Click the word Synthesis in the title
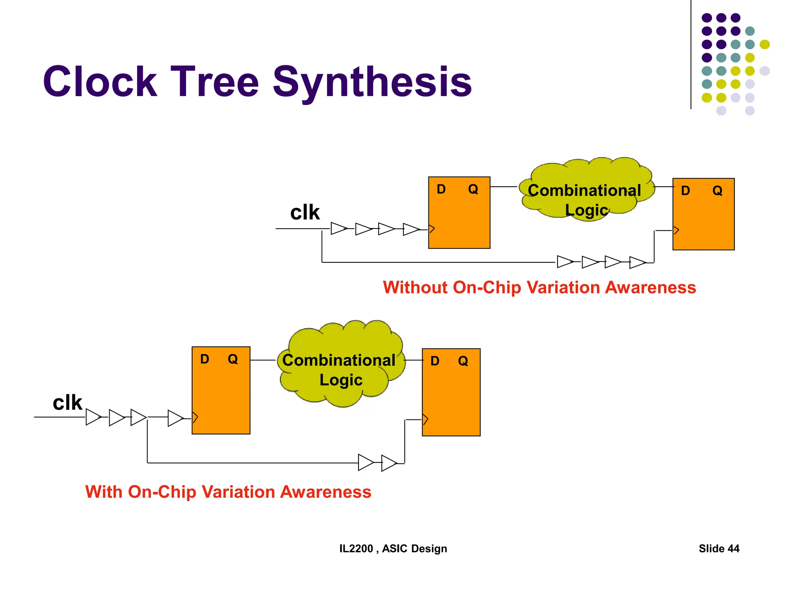tap(372, 81)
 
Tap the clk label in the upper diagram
tap(305, 212)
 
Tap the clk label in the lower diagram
tap(67, 403)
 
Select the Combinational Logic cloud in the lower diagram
tap(340, 365)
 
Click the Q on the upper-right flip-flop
tap(717, 191)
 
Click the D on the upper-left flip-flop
tap(441, 189)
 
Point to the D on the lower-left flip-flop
tap(204, 359)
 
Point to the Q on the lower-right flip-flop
tap(463, 361)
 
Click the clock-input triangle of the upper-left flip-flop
tap(432, 229)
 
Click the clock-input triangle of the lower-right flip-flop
tap(425, 419)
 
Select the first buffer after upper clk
tap(338, 229)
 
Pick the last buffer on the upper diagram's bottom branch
tap(637, 262)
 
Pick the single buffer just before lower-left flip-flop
tap(175, 418)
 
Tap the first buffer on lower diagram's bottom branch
tap(365, 462)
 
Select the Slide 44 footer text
tap(719, 549)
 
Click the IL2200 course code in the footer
tap(356, 549)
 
